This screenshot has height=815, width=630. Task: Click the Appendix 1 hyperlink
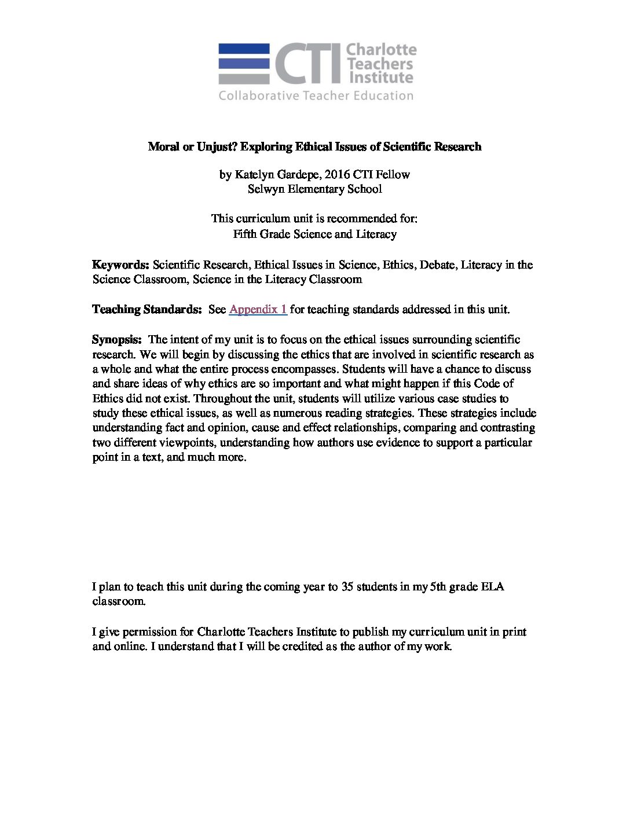click(258, 309)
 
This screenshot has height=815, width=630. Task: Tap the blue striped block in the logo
click(244, 64)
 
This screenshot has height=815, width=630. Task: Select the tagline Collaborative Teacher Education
click(316, 96)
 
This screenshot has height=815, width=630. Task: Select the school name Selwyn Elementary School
click(314, 189)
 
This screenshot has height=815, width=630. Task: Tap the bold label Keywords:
click(120, 265)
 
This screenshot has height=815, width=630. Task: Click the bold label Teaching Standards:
click(146, 309)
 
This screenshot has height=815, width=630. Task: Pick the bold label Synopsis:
click(117, 339)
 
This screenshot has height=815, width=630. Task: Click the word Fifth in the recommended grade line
click(246, 234)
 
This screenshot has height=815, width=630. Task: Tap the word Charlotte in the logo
click(381, 50)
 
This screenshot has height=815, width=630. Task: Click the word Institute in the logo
click(380, 78)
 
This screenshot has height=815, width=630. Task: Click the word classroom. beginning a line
click(119, 601)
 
